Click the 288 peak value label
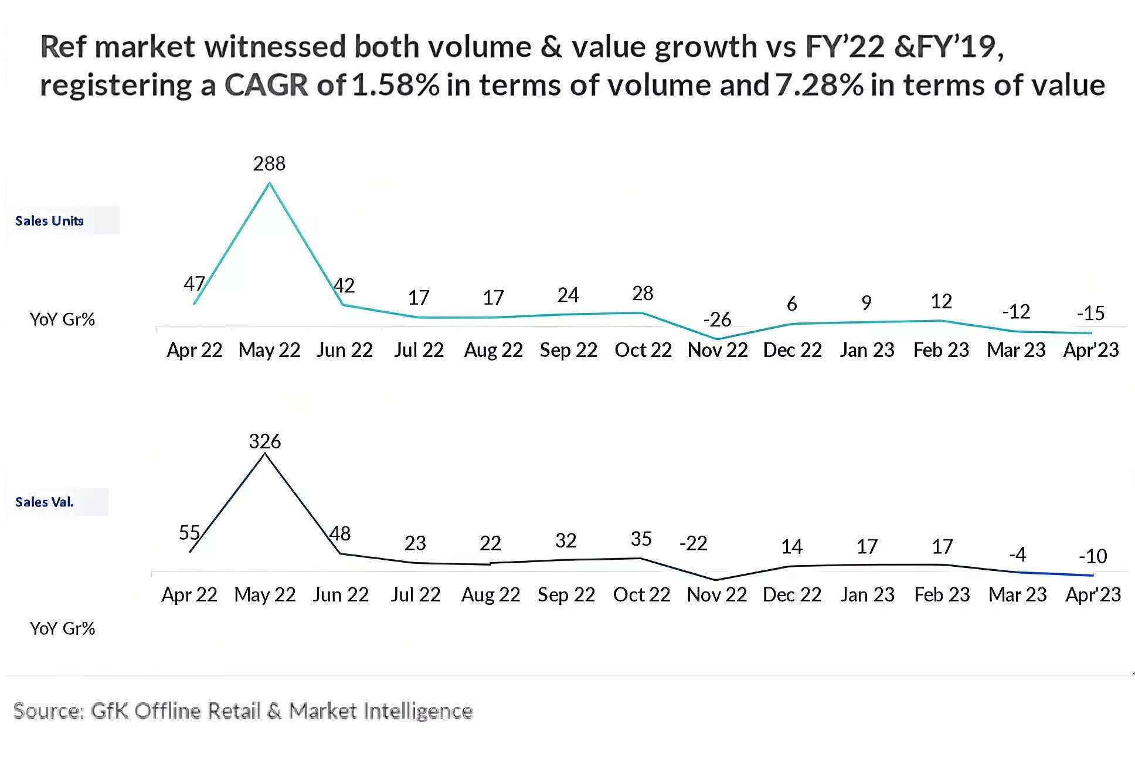[269, 164]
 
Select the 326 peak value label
[265, 441]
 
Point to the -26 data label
[717, 319]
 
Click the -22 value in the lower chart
[693, 543]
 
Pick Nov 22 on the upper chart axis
[718, 351]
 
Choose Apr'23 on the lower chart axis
[1093, 595]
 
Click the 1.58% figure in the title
[396, 85]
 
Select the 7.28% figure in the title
[819, 85]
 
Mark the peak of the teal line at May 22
[270, 183]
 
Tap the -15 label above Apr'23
[1090, 314]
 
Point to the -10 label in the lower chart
[1093, 556]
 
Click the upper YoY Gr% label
[62, 319]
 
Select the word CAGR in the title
[266, 85]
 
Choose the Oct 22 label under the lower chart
[641, 595]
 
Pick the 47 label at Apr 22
[195, 284]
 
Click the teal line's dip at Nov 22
[717, 339]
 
